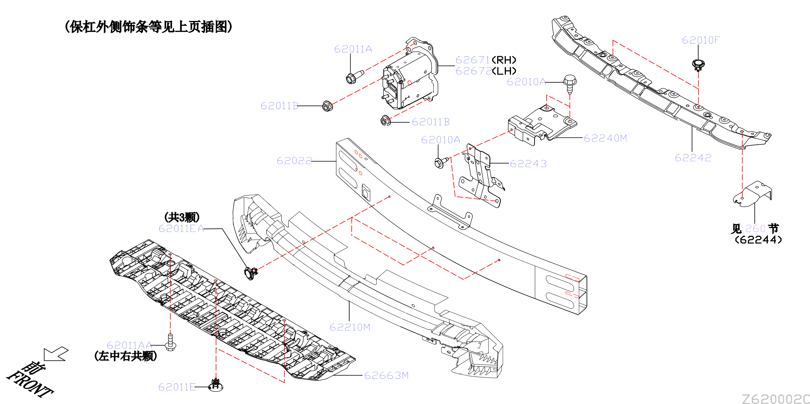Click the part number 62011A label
click(353, 49)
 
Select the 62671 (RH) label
click(486, 60)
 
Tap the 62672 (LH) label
click(486, 71)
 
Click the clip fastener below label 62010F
click(698, 65)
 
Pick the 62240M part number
click(605, 138)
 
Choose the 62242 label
click(693, 157)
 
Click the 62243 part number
click(528, 163)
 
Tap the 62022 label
click(294, 161)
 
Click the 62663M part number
click(387, 375)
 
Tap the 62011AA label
click(129, 345)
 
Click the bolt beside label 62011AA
click(170, 342)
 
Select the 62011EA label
click(181, 228)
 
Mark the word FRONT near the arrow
click(30, 384)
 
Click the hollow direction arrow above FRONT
click(55, 354)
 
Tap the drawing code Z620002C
click(776, 399)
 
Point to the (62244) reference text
click(758, 240)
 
